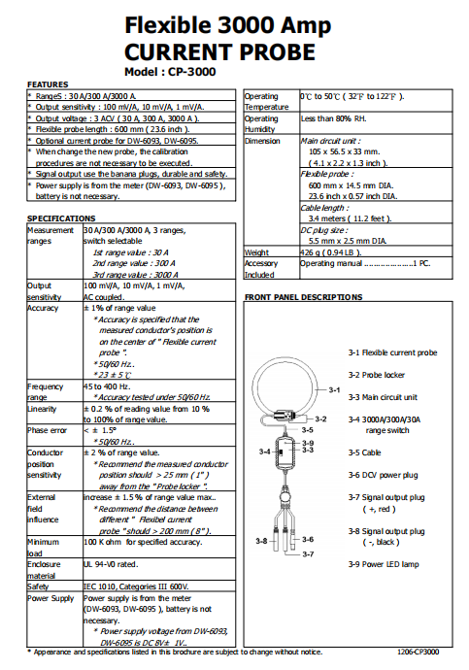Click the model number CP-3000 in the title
pyautogui.click(x=192, y=72)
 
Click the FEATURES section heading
pyautogui.click(x=48, y=84)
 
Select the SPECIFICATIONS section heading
pyautogui.click(x=61, y=218)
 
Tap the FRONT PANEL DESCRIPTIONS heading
pyautogui.click(x=303, y=297)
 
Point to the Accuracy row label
pyautogui.click(x=43, y=308)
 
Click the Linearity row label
pyautogui.click(x=42, y=409)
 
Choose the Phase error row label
pyautogui.click(x=47, y=430)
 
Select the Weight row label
pyautogui.click(x=256, y=252)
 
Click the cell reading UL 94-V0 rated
pyautogui.click(x=111, y=564)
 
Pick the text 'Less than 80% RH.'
pyautogui.click(x=334, y=118)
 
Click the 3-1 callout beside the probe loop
pyautogui.click(x=334, y=389)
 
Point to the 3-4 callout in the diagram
pyautogui.click(x=264, y=452)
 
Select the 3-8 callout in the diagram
pyautogui.click(x=261, y=541)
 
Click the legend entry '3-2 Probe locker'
pyautogui.click(x=377, y=375)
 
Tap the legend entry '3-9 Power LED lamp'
pyautogui.click(x=384, y=564)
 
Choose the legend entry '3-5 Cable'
pyautogui.click(x=364, y=452)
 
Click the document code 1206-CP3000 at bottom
pyautogui.click(x=419, y=653)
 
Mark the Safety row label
pyautogui.click(x=38, y=586)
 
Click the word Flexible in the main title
pyautogui.click(x=167, y=25)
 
